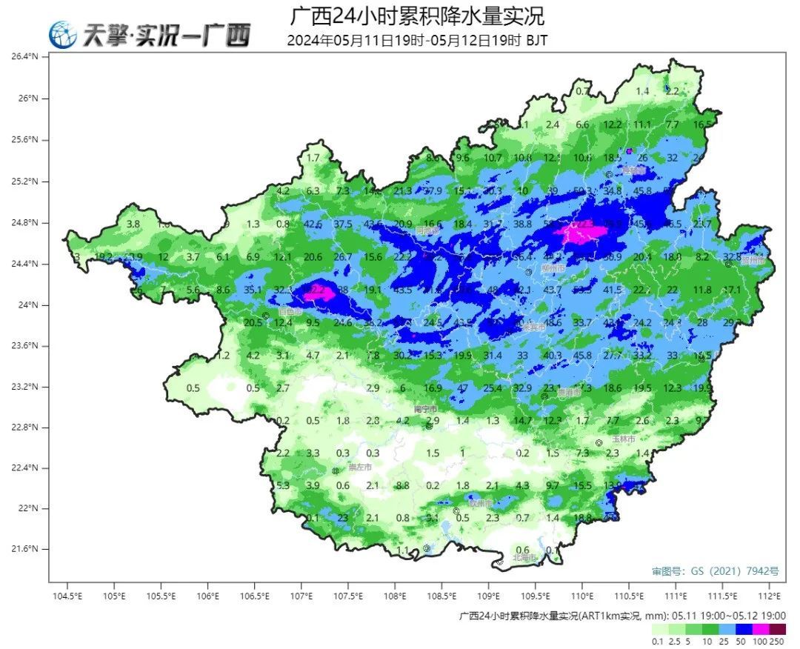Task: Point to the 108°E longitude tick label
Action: coord(395,596)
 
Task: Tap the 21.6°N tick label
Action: coord(33,549)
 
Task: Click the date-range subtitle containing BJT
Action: coord(417,41)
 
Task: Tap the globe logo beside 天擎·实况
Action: coord(63,35)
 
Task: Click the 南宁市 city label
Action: coord(425,409)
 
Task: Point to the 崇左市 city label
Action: coord(359,467)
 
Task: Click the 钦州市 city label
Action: coord(480,503)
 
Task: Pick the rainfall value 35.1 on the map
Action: coord(253,290)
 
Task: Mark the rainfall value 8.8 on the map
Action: coord(403,486)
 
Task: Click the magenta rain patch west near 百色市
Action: coord(322,290)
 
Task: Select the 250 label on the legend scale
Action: coord(776,642)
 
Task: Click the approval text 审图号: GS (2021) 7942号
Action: coord(715,571)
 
